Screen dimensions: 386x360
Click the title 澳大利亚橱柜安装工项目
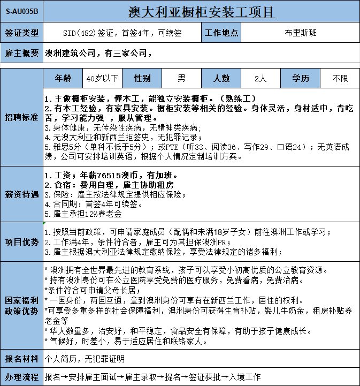[202, 11]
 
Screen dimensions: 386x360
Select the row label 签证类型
[21, 33]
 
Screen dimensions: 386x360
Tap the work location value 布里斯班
[301, 33]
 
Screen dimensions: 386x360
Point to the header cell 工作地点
[221, 33]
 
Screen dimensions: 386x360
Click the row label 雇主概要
[21, 53]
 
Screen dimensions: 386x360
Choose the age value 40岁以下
[103, 79]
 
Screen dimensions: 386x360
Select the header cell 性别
[142, 79]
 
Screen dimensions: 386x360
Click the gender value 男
[181, 79]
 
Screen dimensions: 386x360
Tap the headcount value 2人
[261, 79]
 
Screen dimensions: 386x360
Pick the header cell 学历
[300, 79]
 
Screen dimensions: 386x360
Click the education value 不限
[340, 79]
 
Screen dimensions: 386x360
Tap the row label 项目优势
[21, 241]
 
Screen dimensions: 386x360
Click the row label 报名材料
[21, 358]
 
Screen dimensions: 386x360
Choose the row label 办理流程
[21, 377]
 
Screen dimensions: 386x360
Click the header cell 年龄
[63, 79]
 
